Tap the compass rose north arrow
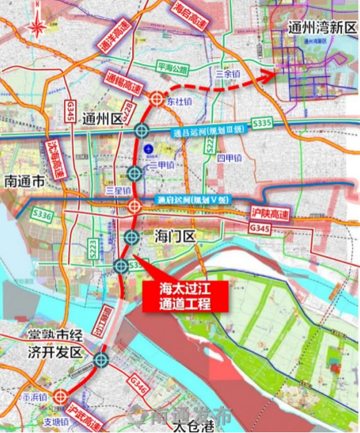[x=36, y=27]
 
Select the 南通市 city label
[x=24, y=181]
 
